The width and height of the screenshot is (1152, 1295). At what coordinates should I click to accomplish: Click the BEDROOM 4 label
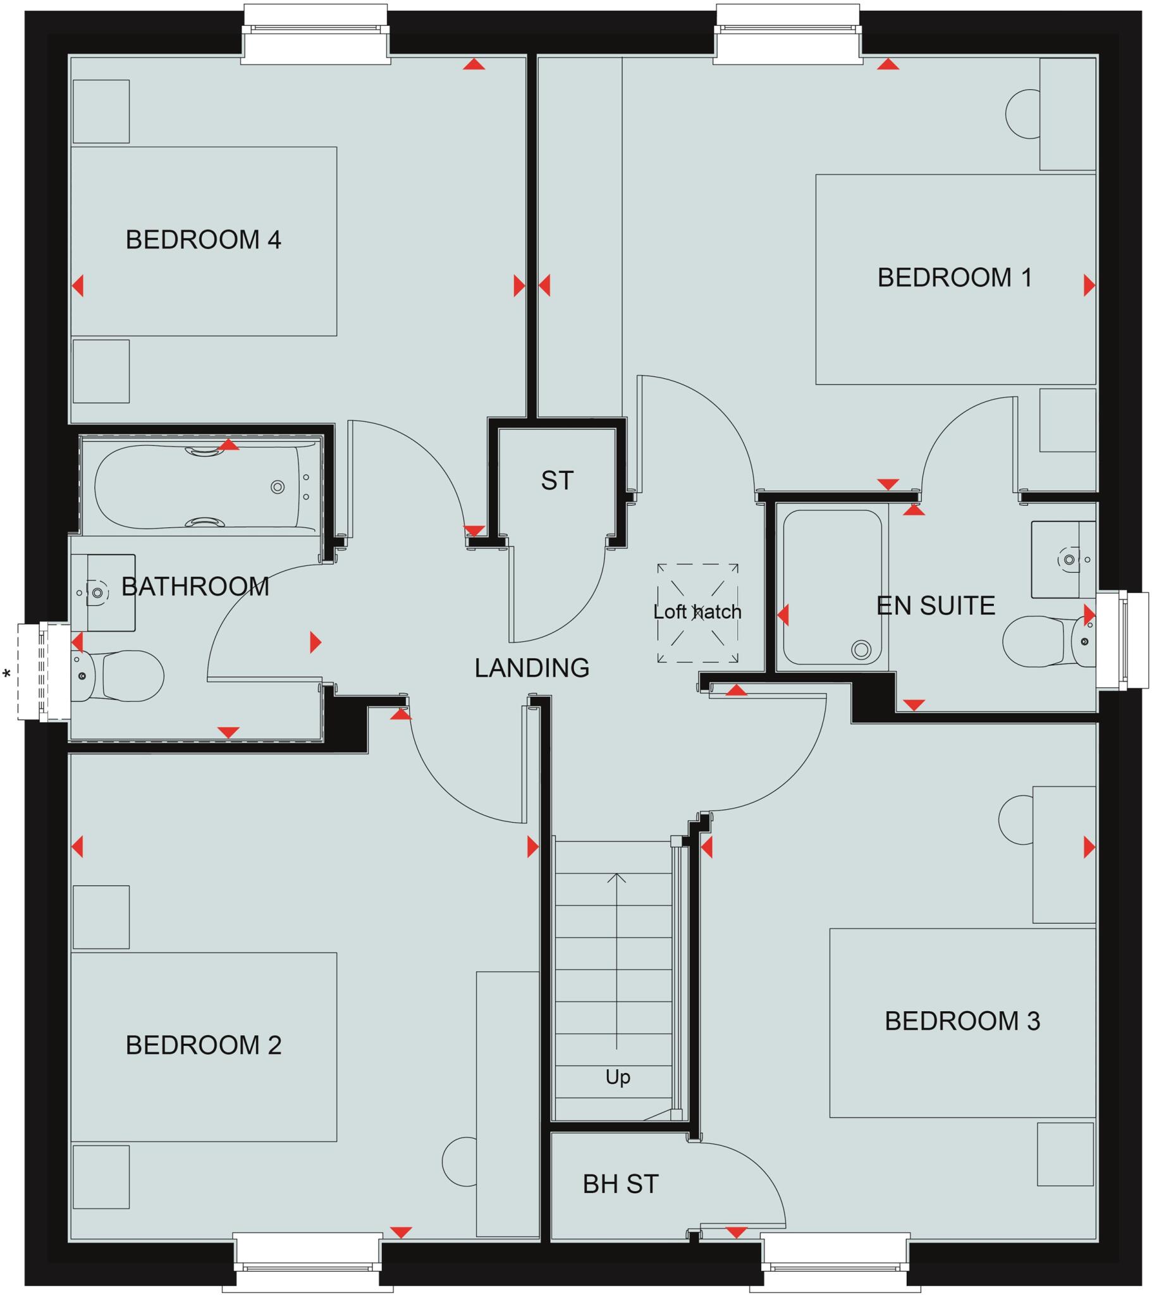click(204, 240)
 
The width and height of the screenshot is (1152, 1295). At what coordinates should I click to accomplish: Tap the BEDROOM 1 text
click(954, 278)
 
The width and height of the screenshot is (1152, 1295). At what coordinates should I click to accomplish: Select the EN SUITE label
click(935, 606)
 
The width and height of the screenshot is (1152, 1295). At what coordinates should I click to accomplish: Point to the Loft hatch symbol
click(697, 613)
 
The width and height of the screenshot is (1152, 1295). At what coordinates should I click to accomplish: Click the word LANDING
click(532, 668)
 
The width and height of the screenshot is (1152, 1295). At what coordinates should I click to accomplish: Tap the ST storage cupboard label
click(557, 481)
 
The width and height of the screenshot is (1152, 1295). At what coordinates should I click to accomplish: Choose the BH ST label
click(620, 1184)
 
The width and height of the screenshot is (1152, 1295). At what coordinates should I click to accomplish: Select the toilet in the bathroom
click(126, 675)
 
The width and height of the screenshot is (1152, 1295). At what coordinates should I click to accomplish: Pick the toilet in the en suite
click(1039, 641)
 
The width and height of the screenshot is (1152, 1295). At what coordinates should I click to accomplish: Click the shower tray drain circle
click(861, 649)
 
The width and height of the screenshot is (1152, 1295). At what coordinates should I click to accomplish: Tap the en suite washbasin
click(1065, 560)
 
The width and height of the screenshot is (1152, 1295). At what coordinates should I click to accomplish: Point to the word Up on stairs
click(618, 1076)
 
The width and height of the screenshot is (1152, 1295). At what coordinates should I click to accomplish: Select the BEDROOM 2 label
click(204, 1045)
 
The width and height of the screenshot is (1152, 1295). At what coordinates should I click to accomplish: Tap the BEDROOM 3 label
click(962, 1021)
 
